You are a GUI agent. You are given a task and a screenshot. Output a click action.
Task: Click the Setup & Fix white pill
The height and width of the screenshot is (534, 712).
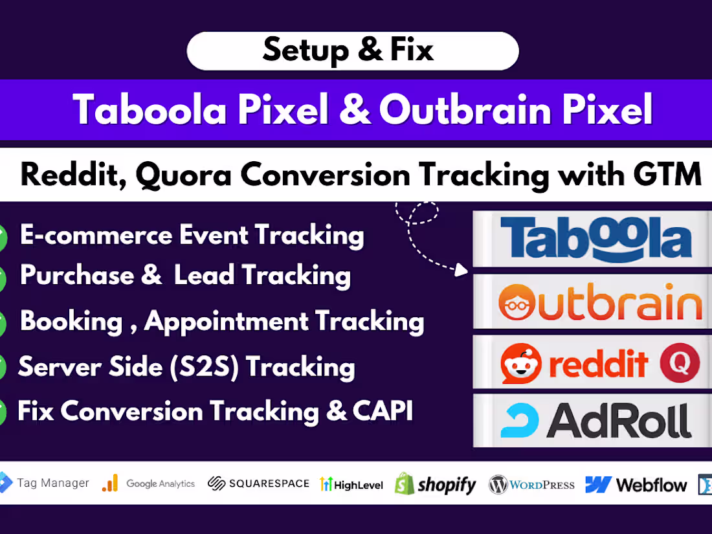pos(353,50)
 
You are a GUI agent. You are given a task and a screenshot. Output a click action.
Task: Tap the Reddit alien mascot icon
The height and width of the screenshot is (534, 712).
pos(521,363)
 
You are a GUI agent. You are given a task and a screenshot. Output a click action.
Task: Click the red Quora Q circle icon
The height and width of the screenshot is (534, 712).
pos(680,363)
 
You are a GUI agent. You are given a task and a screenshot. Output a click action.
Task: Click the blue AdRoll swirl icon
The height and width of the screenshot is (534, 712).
pos(519,421)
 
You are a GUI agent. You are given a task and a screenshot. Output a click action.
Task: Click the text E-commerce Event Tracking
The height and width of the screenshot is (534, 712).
pos(192,235)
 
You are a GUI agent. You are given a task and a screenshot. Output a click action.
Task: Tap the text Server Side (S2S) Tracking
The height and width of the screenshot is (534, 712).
pos(186,367)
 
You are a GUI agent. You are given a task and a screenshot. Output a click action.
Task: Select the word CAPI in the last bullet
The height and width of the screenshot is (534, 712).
pos(381,412)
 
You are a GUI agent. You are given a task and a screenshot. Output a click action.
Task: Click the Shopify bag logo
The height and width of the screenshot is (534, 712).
pos(405,484)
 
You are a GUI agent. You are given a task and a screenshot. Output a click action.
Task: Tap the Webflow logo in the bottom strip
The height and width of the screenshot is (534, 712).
pos(636,484)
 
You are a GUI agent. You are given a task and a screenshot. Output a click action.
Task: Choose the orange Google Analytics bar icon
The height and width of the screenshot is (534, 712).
pos(110,483)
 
